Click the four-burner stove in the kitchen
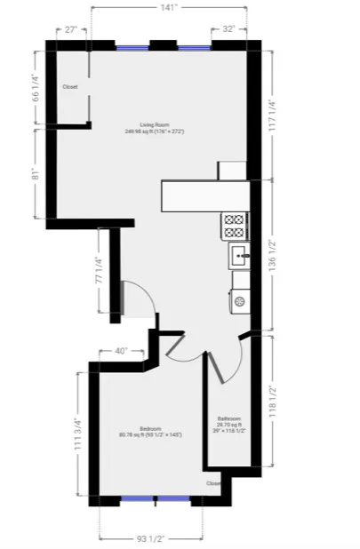pyautogui.click(x=236, y=224)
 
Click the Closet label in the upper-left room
pyautogui.click(x=71, y=87)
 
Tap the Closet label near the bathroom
pyautogui.click(x=213, y=483)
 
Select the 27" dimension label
pyautogui.click(x=72, y=28)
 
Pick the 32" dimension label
pyautogui.click(x=228, y=28)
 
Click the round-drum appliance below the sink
pyautogui.click(x=239, y=301)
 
